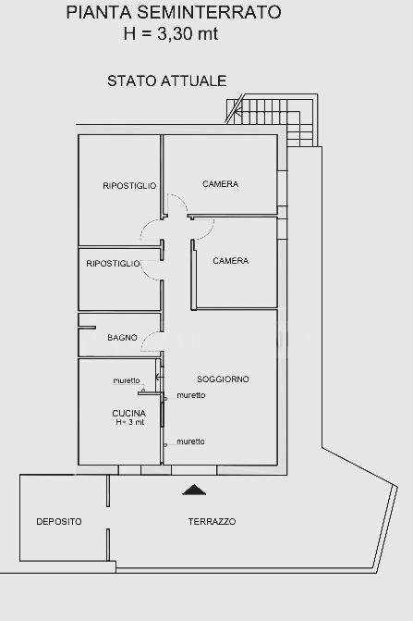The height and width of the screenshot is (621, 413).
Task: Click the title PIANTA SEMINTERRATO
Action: click(173, 12)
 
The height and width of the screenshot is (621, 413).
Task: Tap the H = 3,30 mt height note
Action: click(170, 33)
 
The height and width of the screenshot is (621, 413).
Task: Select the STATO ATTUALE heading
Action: click(167, 81)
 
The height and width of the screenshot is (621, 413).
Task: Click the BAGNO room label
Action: click(122, 338)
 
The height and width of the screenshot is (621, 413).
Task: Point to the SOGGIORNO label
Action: click(223, 379)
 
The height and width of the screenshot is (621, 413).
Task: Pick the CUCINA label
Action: click(128, 413)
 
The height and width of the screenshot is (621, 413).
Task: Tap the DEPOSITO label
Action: click(59, 522)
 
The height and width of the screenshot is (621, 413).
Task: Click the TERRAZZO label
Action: click(212, 522)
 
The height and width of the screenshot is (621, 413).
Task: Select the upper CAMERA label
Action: click(221, 184)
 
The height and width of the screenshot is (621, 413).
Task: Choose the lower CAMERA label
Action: click(231, 261)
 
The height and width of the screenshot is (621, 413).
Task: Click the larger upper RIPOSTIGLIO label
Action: click(129, 186)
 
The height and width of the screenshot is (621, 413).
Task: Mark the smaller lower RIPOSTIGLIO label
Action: click(113, 264)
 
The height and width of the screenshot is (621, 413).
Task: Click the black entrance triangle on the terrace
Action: click(194, 490)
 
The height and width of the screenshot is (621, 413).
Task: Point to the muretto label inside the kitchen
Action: click(127, 380)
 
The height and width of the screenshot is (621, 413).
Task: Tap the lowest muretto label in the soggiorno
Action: click(191, 441)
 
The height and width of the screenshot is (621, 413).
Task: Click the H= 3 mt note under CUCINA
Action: click(130, 422)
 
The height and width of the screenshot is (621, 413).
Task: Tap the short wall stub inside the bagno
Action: click(87, 328)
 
